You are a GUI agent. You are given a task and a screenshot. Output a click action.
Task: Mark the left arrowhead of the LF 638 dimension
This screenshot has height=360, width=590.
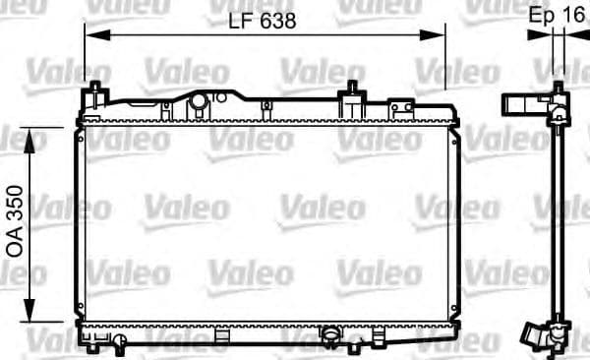91,33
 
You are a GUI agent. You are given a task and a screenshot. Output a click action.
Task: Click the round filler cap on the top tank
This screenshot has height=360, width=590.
200,102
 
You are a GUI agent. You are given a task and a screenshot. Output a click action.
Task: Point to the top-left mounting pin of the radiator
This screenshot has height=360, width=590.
96,94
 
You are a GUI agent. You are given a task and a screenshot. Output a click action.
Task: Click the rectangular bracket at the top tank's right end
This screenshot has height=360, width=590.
400,106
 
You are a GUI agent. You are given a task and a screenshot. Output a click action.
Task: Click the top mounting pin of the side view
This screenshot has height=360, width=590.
559,90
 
